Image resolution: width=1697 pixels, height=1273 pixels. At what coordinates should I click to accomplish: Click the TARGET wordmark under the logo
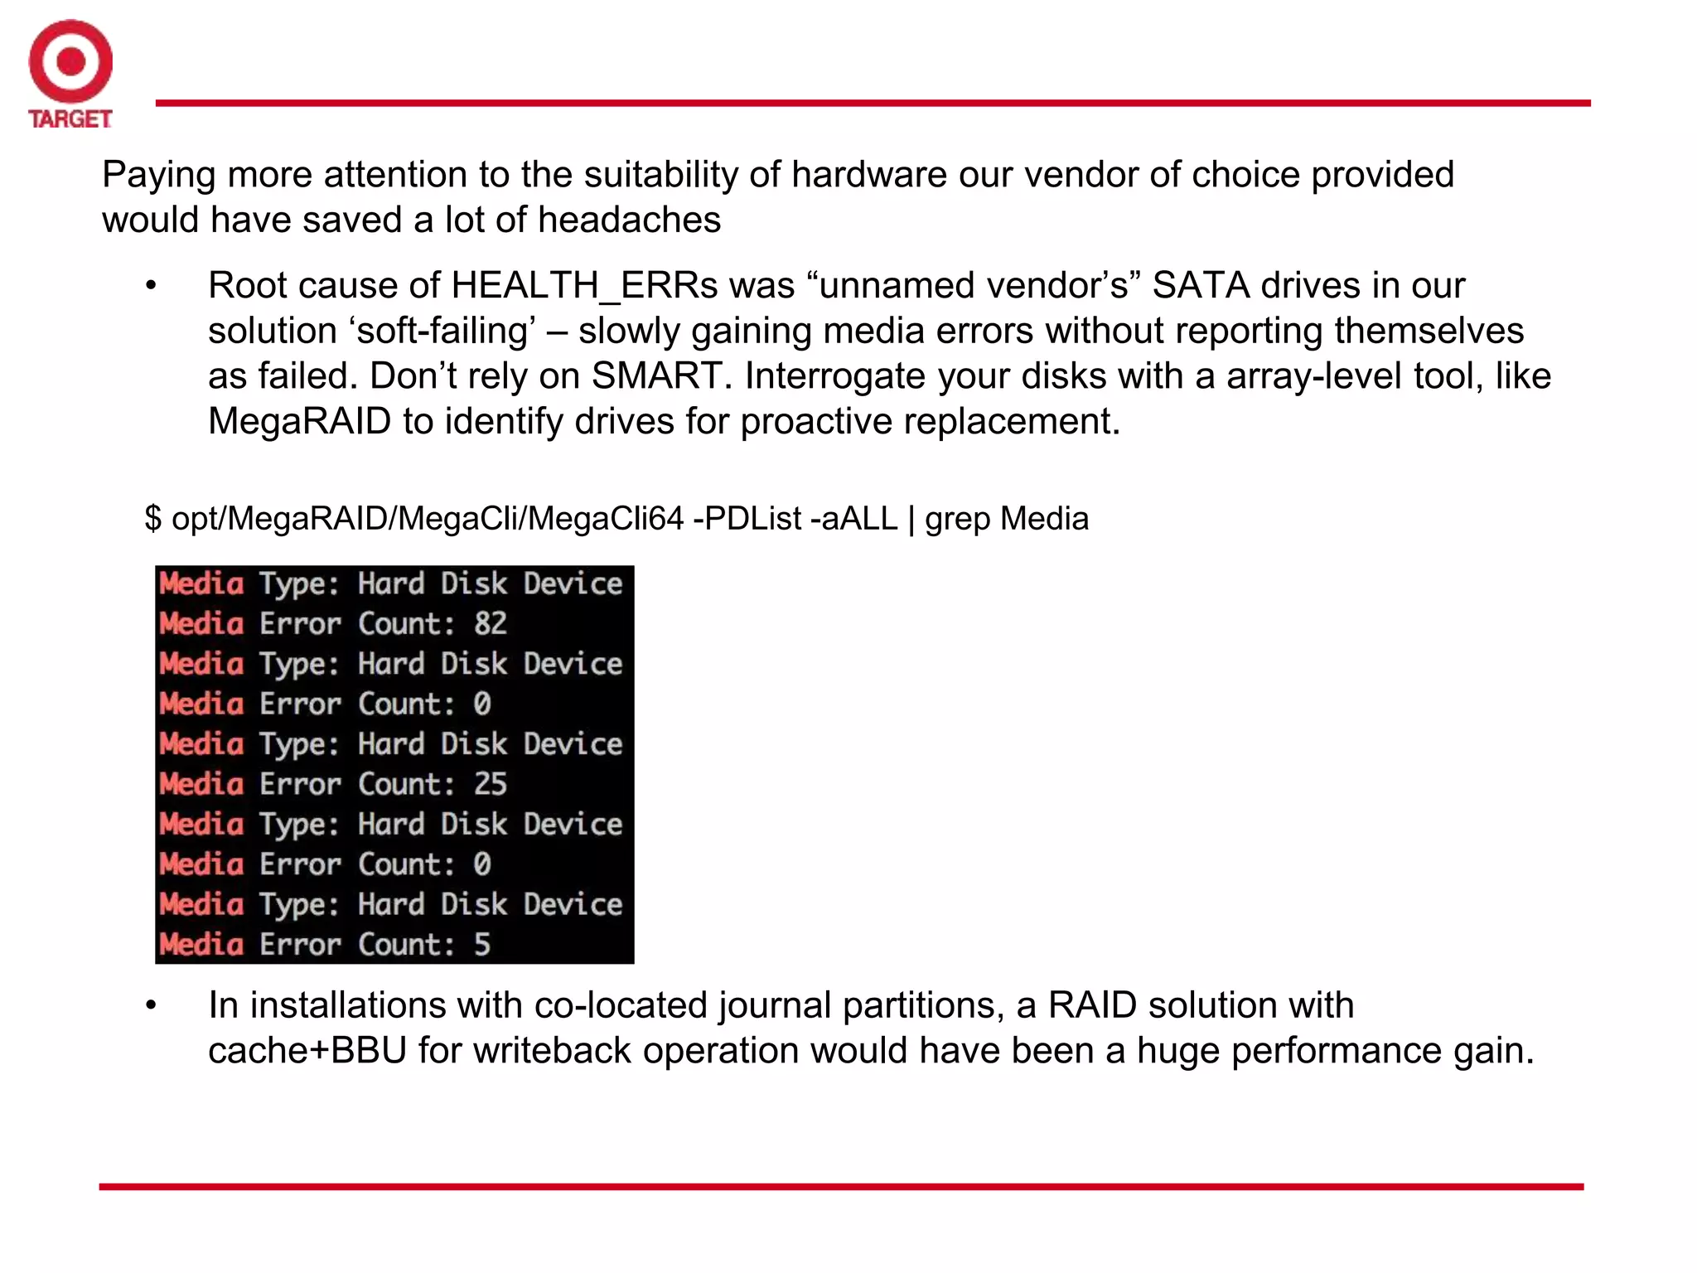70,119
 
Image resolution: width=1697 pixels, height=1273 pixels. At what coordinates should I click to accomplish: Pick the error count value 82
490,623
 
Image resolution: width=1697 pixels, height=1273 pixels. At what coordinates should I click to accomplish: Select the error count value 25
490,784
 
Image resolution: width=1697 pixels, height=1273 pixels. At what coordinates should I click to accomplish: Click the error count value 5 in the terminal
482,945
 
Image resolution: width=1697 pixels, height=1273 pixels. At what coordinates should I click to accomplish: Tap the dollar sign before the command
152,519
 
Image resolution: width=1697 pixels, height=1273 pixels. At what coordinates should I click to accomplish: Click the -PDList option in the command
747,519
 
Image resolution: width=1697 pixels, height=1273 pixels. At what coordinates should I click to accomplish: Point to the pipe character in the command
911,519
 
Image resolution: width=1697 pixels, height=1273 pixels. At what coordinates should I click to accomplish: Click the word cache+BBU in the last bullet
307,1051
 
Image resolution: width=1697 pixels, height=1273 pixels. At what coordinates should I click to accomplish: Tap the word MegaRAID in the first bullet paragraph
299,422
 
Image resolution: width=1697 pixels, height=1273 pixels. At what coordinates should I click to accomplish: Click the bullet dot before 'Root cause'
151,286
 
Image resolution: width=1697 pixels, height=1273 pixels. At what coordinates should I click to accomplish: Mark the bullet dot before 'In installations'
151,1005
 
